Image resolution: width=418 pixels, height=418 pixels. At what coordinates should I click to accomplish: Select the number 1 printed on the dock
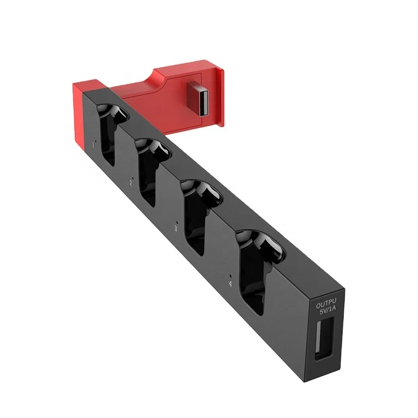coord(94,144)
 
